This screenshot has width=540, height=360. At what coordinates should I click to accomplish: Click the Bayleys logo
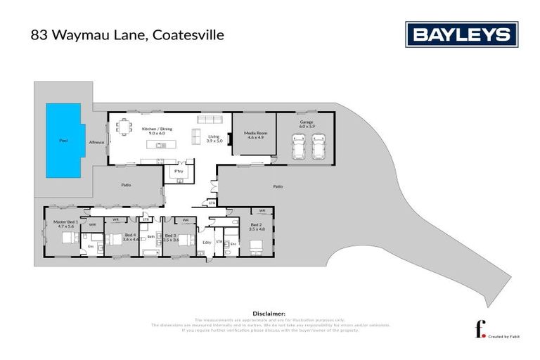click(461, 34)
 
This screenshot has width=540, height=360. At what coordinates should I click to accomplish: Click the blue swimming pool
click(63, 141)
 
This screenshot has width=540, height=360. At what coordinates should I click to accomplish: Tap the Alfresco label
click(96, 143)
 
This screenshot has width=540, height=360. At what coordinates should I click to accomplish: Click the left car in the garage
click(298, 147)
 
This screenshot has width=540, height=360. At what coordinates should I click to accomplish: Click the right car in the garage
click(318, 147)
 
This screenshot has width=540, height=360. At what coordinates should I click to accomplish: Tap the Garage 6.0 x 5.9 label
click(307, 124)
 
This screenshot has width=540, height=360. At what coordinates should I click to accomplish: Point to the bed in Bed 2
click(256, 247)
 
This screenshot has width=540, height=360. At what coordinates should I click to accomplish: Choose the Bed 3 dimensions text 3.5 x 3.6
click(172, 240)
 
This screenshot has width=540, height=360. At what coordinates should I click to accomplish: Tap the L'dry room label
click(207, 243)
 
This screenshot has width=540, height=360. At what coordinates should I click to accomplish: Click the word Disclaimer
click(269, 313)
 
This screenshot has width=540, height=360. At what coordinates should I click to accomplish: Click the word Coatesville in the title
click(186, 34)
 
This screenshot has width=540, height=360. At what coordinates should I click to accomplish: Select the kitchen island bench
click(160, 145)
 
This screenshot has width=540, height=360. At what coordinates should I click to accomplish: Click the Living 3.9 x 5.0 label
click(214, 139)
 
